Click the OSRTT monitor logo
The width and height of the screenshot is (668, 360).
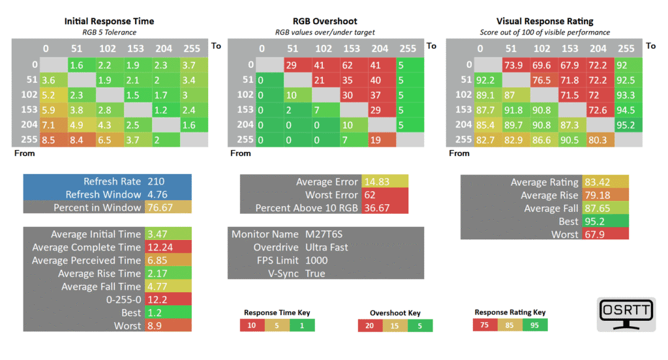click(x=626, y=314)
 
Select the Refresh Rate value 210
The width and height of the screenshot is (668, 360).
click(x=156, y=181)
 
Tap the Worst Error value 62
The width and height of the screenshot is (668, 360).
click(x=370, y=195)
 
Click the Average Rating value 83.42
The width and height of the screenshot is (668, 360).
click(x=598, y=183)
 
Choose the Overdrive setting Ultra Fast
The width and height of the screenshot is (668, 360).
click(x=326, y=248)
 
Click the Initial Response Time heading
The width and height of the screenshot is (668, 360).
click(x=109, y=22)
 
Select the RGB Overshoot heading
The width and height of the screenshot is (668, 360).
click(x=325, y=22)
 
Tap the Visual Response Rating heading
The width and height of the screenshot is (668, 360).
click(x=545, y=22)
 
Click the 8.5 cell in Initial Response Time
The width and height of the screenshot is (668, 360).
click(x=53, y=140)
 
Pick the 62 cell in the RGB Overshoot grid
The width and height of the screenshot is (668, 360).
click(x=354, y=65)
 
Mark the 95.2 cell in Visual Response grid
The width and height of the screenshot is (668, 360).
click(x=628, y=125)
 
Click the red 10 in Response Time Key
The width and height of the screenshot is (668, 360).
click(x=252, y=325)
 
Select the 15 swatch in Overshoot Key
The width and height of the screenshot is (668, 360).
click(x=395, y=326)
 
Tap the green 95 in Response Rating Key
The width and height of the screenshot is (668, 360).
click(x=535, y=325)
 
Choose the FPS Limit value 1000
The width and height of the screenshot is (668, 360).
click(x=316, y=260)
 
